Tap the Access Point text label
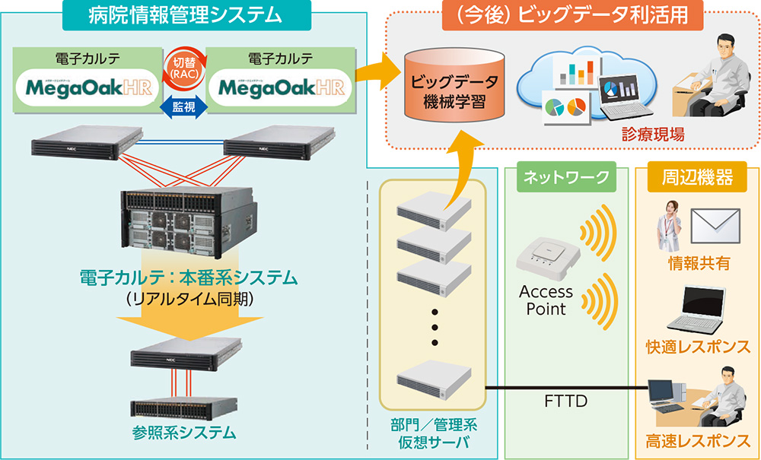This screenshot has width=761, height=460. (546, 300)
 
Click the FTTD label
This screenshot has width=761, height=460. (565, 401)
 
